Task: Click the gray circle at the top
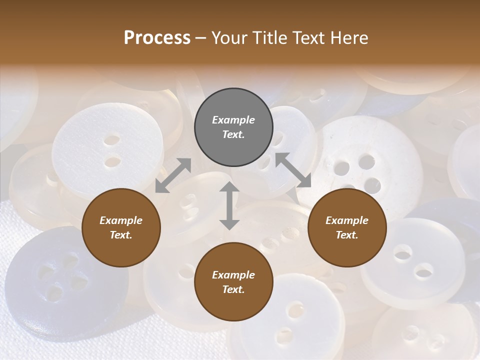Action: coord(233,127)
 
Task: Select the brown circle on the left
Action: coord(121,227)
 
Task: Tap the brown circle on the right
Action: coord(347,227)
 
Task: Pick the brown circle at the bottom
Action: coord(233,282)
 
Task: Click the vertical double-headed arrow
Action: coord(229,205)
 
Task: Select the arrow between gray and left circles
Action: coord(173,175)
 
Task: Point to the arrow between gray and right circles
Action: coord(293,170)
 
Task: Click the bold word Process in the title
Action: coord(157,38)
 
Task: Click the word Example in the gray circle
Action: coord(233,120)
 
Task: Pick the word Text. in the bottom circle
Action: coord(233,289)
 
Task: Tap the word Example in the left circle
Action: coord(121,220)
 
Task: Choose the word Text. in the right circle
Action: coord(347,235)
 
